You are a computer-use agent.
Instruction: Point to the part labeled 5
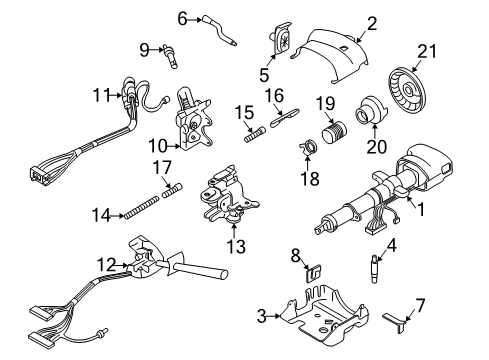[278, 46]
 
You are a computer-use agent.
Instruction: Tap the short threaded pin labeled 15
[253, 132]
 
